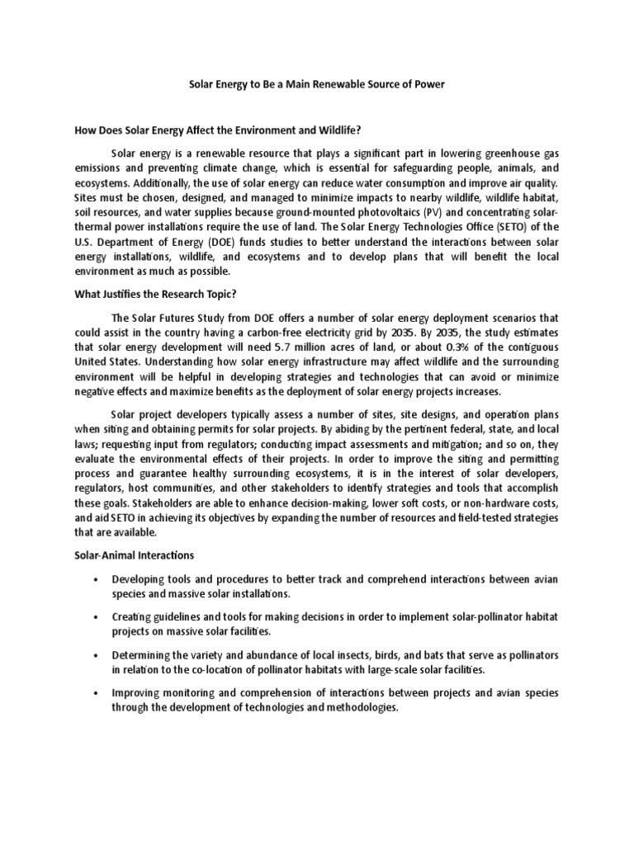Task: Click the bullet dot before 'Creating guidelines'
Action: point(97,616)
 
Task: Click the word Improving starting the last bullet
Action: point(137,692)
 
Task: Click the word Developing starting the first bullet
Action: point(140,578)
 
